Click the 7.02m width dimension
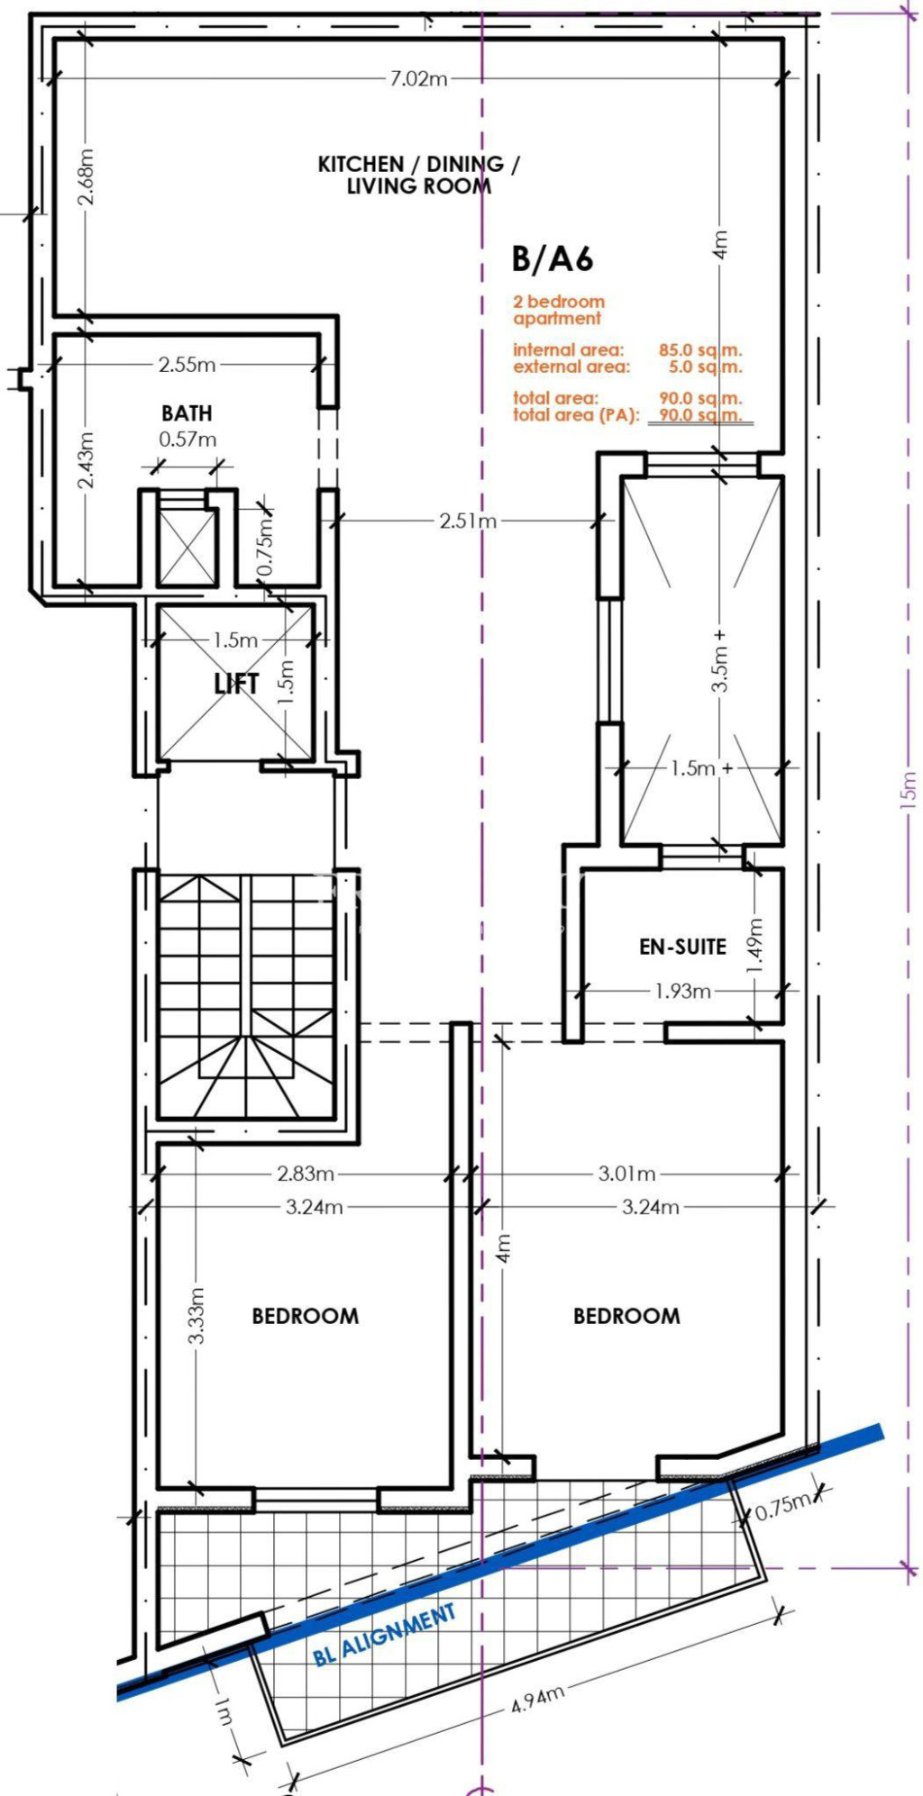click(x=418, y=78)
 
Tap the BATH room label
click(x=187, y=413)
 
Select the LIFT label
click(x=236, y=684)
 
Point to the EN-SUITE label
click(x=682, y=946)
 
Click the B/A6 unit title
click(x=553, y=259)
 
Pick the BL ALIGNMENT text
click(x=385, y=1635)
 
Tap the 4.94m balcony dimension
click(x=538, y=1699)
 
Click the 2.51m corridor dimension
click(x=468, y=521)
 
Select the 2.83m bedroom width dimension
click(x=306, y=1174)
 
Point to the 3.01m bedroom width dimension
click(x=627, y=1174)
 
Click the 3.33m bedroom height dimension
click(x=197, y=1315)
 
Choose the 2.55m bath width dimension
click(x=187, y=365)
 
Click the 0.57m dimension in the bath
click(x=187, y=440)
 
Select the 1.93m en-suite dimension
click(x=682, y=991)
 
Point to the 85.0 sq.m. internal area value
click(x=700, y=350)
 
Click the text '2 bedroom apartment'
click(x=559, y=310)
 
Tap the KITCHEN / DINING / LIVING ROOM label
click(x=419, y=175)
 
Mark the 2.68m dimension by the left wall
click(x=86, y=176)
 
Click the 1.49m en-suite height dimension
click(x=755, y=945)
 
